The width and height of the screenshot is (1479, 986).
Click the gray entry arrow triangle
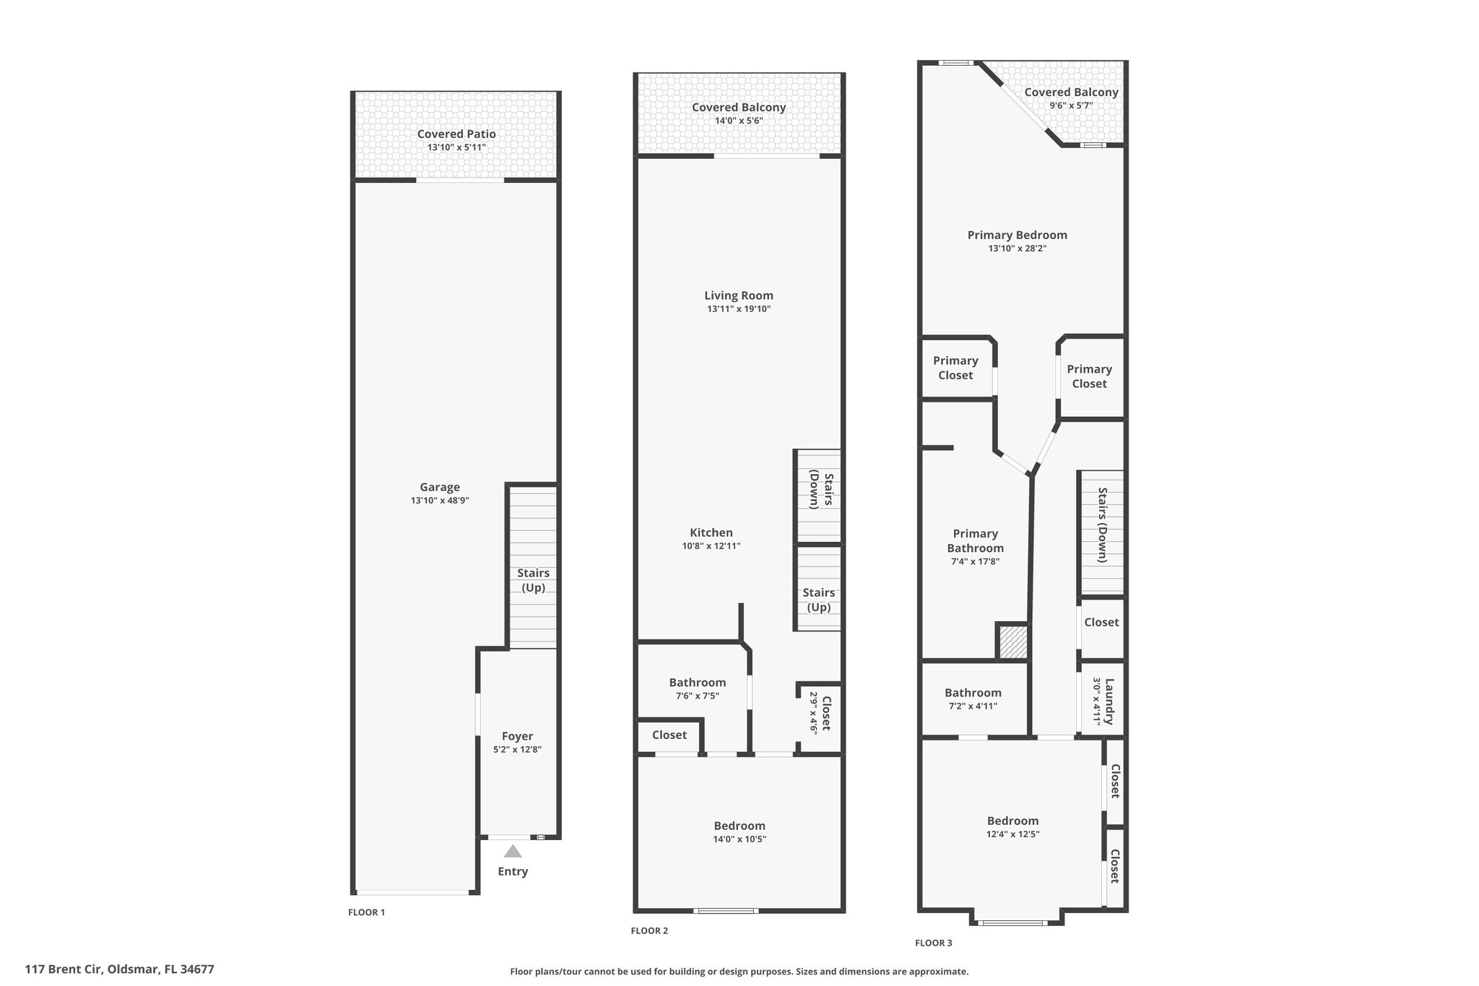coord(512,851)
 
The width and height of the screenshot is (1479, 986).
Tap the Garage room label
coord(440,488)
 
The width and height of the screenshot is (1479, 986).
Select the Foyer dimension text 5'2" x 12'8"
coord(517,750)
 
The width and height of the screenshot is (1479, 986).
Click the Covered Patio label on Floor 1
coord(456,134)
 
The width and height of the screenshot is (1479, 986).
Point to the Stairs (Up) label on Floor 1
coord(533,580)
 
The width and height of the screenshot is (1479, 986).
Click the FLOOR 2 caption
coord(649,931)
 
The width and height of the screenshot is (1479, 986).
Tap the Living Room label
coord(739,295)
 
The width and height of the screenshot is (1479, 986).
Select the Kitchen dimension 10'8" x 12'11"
coord(711,546)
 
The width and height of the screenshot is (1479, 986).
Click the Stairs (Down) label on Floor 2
coord(821,491)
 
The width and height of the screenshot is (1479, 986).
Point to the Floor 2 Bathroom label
coord(698,683)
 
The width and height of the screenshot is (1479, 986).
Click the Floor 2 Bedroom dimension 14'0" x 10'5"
coord(739,839)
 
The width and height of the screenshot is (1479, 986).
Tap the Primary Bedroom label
coord(1018,235)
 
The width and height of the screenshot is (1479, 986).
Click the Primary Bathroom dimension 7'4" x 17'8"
coord(976,561)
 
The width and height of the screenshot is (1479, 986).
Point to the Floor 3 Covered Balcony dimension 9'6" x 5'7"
coord(1071,105)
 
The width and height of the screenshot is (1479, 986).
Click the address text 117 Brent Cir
coord(64,969)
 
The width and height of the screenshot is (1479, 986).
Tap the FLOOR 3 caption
coord(934,943)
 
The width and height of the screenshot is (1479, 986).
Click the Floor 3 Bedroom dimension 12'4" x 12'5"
coord(1013,834)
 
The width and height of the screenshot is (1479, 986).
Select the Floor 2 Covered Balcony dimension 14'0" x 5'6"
coord(739,121)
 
